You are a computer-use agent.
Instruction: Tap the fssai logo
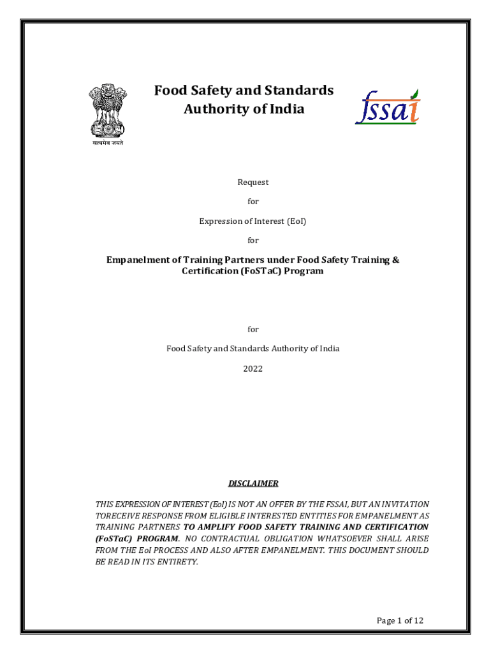tap(388, 107)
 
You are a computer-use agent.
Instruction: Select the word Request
tap(253, 182)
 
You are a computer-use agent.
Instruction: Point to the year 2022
tap(253, 369)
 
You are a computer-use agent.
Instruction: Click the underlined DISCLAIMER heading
tap(253, 483)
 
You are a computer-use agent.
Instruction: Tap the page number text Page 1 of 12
tap(400, 620)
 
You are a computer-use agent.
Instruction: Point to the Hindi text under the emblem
tap(106, 143)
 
